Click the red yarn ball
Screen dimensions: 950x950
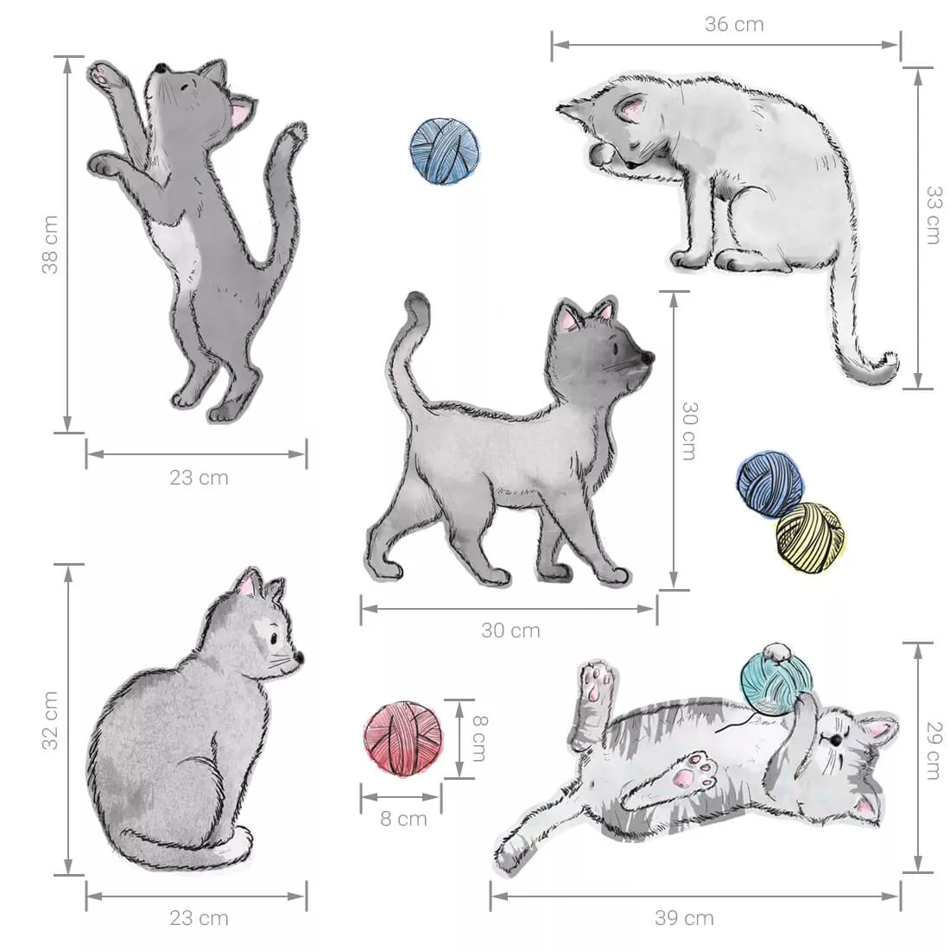(403, 738)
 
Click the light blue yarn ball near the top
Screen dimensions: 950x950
(445, 150)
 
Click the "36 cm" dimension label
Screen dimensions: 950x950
(734, 24)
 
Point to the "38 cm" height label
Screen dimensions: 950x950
(51, 244)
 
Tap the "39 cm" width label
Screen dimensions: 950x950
(684, 918)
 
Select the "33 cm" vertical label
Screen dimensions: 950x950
(934, 215)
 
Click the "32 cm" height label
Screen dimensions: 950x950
(51, 720)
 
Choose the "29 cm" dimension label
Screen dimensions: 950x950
(934, 750)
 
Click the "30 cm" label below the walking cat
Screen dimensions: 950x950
(510, 630)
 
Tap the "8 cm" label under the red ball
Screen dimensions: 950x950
(403, 819)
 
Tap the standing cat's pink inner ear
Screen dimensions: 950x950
(241, 114)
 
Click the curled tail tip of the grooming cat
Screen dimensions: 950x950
(886, 364)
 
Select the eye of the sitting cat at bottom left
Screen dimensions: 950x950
(275, 638)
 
